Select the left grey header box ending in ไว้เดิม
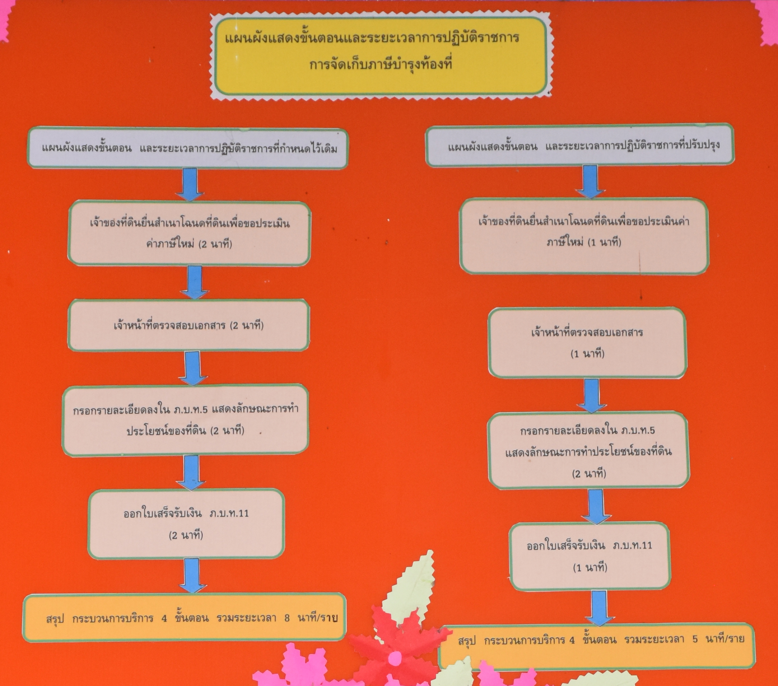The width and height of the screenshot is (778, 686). pos(187,148)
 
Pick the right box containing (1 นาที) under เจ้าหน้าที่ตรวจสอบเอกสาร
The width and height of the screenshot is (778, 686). pos(587,343)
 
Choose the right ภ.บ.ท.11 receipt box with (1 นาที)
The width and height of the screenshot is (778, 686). pos(589,556)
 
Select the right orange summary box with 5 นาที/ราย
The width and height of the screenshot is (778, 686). pos(597,646)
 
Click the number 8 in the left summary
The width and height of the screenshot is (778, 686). pos(287,618)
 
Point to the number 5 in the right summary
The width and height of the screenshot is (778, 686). pos(695,639)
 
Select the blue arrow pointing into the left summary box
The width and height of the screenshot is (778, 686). pos(193,575)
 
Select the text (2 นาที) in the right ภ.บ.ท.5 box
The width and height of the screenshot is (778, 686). pos(589,474)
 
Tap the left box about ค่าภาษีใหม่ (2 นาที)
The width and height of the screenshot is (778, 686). pos(189,233)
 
